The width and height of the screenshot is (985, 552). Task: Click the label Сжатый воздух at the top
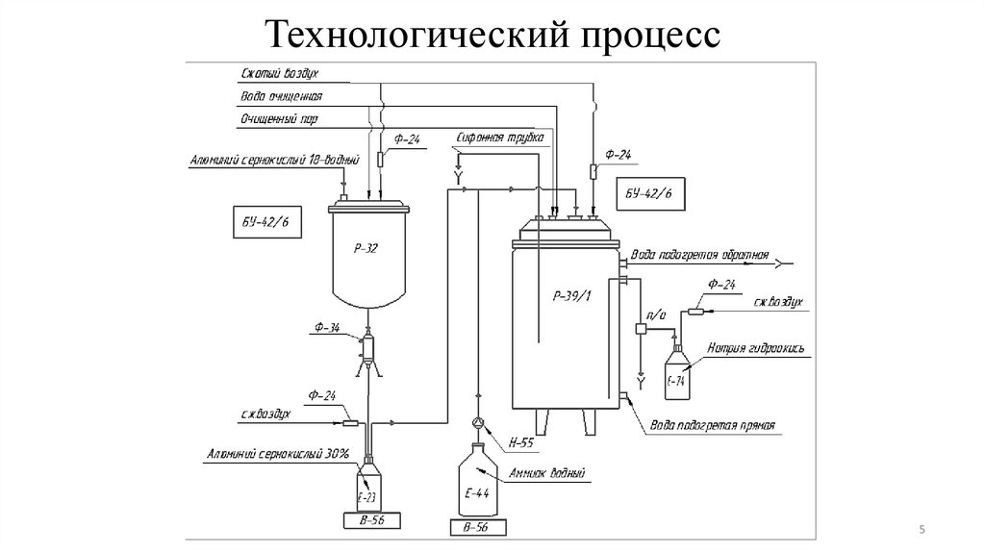pyautogui.click(x=279, y=73)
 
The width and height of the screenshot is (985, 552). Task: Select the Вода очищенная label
pyautogui.click(x=281, y=96)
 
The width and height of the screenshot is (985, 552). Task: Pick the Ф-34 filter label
pyautogui.click(x=325, y=328)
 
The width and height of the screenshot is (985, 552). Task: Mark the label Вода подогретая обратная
pyautogui.click(x=699, y=256)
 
